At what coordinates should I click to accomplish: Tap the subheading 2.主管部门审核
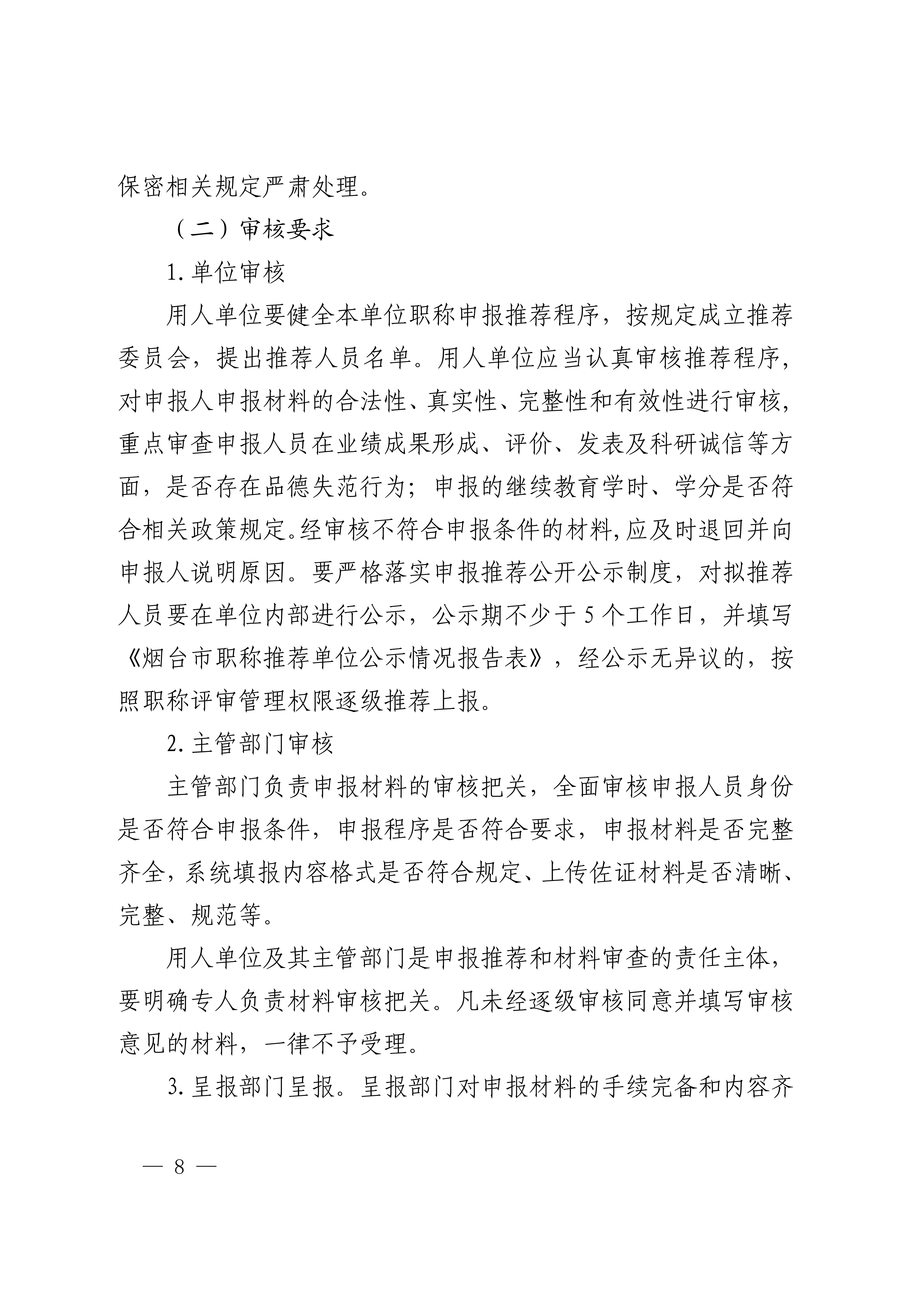pos(250,744)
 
